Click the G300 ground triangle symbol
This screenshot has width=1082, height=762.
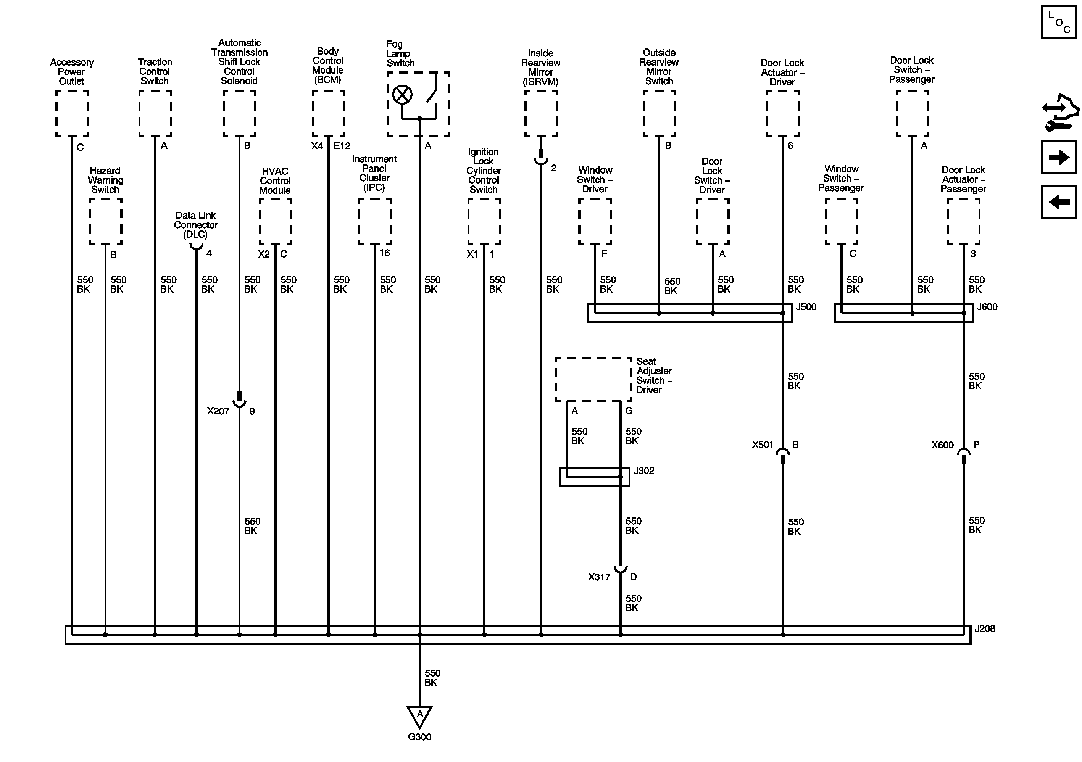point(419,716)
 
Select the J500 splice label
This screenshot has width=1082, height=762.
point(806,307)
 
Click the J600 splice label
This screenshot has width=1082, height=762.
point(987,307)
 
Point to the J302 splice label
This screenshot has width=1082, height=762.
point(644,471)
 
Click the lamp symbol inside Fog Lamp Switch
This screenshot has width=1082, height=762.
point(402,95)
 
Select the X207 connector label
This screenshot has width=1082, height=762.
point(218,411)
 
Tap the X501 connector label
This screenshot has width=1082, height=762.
point(763,445)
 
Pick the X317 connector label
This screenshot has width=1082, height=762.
point(599,577)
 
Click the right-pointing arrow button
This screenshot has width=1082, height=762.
point(1059,157)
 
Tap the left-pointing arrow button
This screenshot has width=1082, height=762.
point(1059,203)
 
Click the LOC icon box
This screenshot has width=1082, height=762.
point(1059,22)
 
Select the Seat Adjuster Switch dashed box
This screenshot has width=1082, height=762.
point(593,380)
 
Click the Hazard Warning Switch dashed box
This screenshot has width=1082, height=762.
point(106,221)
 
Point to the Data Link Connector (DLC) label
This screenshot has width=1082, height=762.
point(195,225)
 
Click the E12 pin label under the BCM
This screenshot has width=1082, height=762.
point(342,146)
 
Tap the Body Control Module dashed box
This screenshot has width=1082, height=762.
point(329,114)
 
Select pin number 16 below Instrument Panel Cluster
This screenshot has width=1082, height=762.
point(385,253)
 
